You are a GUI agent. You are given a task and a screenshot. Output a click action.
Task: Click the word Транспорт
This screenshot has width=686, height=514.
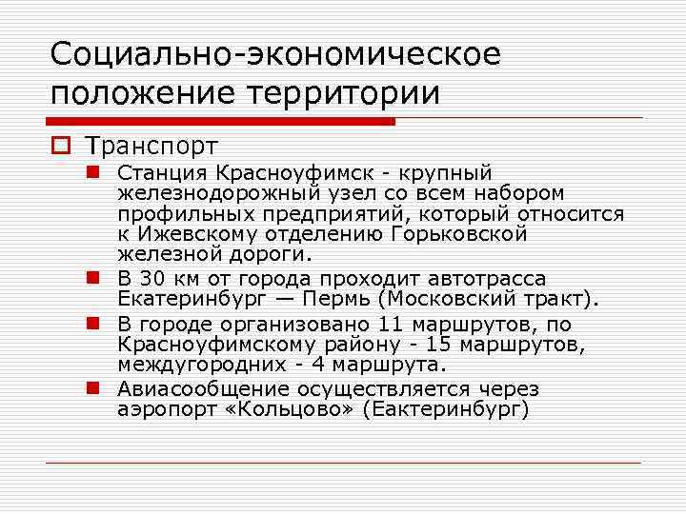[x=151, y=146]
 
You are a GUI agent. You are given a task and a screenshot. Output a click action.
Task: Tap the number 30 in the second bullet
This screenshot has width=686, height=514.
[x=151, y=279]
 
